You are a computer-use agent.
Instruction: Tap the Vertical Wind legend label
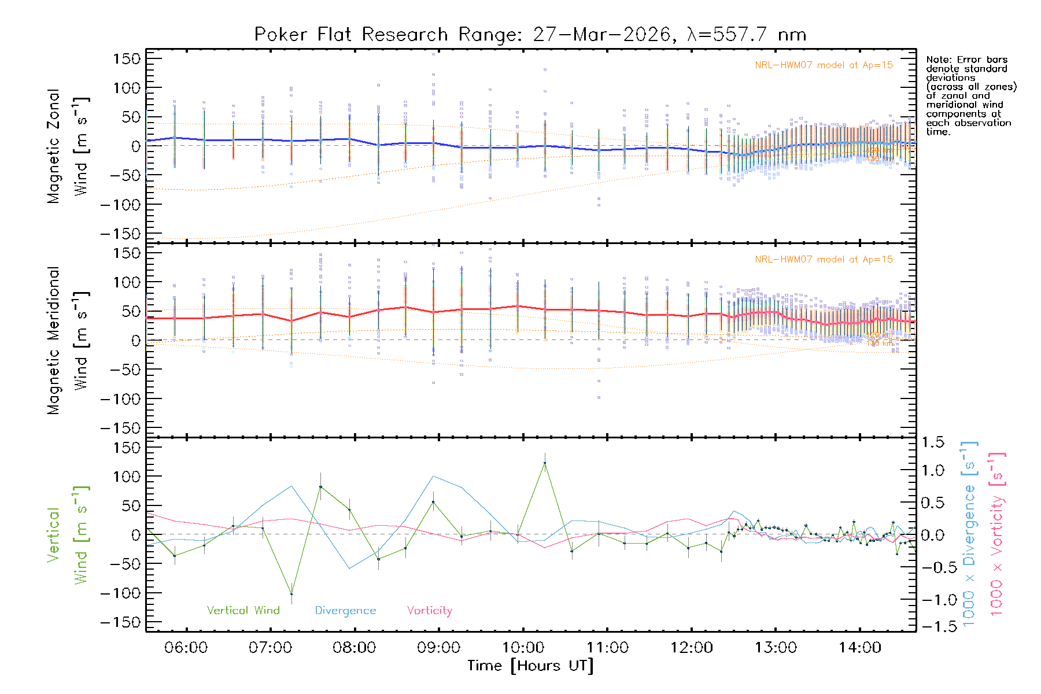coord(243,610)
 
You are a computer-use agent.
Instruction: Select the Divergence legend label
coord(345,610)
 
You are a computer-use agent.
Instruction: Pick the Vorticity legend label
coord(429,610)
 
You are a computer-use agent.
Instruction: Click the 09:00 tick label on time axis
coord(438,647)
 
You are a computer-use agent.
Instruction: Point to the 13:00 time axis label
coord(776,647)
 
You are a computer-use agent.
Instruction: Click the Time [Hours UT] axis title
coord(530,666)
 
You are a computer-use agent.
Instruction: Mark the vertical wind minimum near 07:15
coord(291,594)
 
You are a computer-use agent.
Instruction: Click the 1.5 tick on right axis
coord(933,442)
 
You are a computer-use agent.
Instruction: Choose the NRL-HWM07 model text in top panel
coord(824,65)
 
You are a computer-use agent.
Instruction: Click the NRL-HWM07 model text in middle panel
coord(824,260)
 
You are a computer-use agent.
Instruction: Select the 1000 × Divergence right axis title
coord(969,533)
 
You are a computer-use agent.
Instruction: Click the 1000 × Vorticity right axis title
coord(997,533)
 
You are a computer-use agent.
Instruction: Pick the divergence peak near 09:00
coord(434,476)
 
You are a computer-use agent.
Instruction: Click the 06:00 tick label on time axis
coord(186,647)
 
